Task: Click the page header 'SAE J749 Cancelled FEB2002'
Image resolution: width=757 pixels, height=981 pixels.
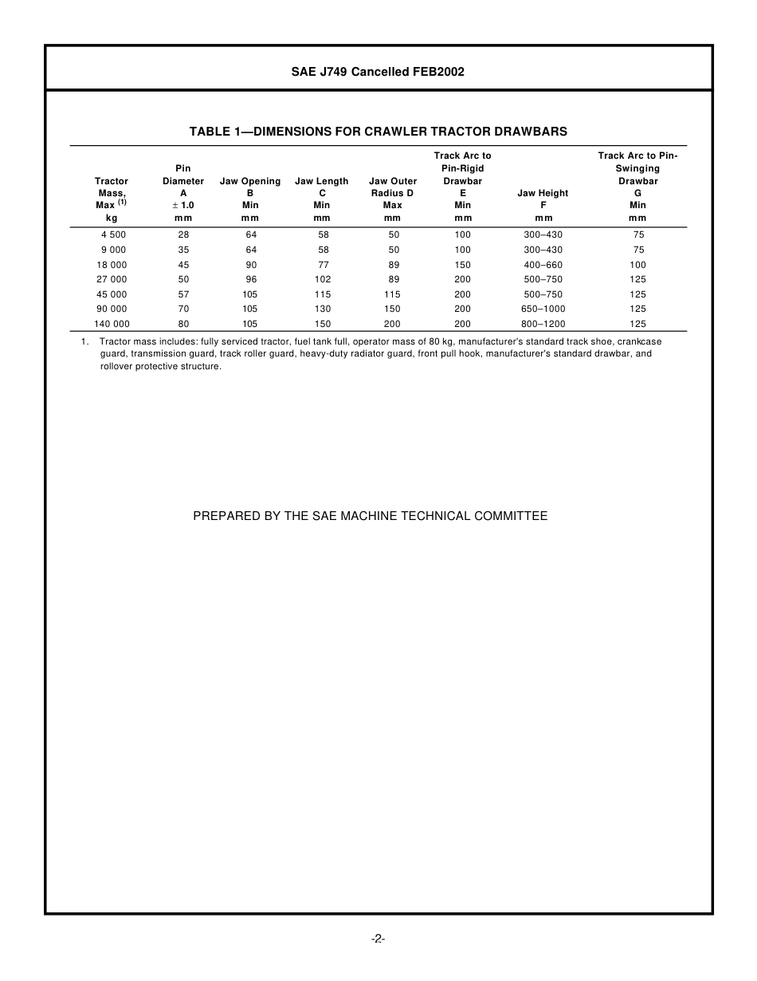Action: coord(378,72)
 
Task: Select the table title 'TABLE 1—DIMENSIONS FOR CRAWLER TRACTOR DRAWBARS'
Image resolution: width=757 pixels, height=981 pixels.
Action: coord(378,132)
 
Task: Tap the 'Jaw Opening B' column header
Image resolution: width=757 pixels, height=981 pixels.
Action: coord(250,193)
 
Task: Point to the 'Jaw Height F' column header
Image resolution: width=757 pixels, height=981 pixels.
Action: coord(543,199)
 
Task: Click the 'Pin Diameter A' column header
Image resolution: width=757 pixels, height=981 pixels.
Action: coord(183,187)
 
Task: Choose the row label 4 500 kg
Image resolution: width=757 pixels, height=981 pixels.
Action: coord(112,234)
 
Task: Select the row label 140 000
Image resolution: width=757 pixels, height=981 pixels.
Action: coord(112,324)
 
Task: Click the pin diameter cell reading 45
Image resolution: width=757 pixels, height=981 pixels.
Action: coord(184,265)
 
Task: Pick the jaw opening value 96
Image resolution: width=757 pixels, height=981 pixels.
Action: coord(251,279)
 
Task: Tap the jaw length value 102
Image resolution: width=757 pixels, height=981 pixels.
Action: coord(323,279)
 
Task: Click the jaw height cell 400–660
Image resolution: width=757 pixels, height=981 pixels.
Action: coord(543,265)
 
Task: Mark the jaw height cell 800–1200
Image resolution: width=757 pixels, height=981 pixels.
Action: coord(543,324)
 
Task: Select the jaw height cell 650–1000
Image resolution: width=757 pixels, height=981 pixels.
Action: coord(543,309)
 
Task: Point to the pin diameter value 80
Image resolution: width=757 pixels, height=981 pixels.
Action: coord(184,324)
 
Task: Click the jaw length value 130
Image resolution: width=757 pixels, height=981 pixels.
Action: coord(323,309)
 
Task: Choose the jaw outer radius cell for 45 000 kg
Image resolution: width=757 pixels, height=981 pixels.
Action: coord(393,294)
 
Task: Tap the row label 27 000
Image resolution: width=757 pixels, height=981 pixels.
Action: coord(112,279)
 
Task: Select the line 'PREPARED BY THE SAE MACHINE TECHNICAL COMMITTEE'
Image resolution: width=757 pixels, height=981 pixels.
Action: coord(371,516)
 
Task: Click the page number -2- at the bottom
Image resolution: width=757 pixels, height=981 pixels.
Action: coord(378,939)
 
